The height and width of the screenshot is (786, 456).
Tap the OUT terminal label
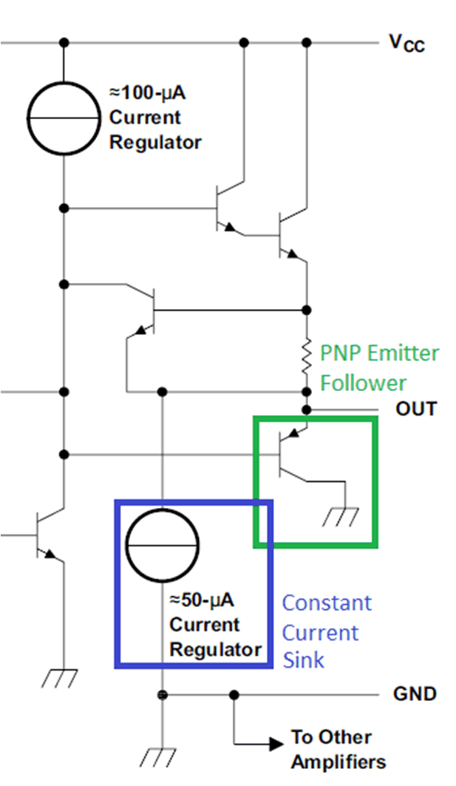click(416, 409)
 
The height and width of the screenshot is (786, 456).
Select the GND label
click(415, 694)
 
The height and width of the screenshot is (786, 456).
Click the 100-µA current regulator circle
click(64, 118)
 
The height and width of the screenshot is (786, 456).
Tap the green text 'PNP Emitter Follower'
click(379, 367)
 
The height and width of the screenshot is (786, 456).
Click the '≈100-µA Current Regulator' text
click(155, 118)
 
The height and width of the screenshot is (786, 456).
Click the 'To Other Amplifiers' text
click(338, 749)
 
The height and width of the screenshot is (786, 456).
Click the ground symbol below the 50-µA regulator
click(160, 756)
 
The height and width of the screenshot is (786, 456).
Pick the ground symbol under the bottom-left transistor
click(64, 677)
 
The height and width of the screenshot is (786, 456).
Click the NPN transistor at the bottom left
click(46, 534)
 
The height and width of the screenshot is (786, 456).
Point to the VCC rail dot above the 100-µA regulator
click(64, 42)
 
